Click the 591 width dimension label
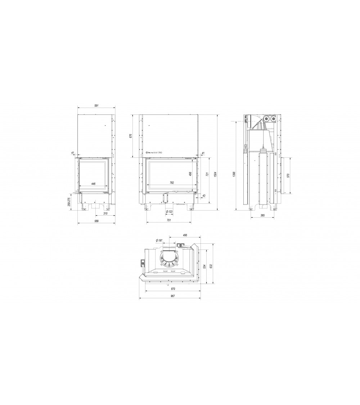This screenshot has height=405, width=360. click(96, 105)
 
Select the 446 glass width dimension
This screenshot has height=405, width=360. click(93, 184)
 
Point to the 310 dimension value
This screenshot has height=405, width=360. click(105, 213)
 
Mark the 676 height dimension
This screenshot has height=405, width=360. click(131, 136)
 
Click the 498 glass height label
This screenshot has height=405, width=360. click(190, 174)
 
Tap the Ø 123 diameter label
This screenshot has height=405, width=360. click(169, 211)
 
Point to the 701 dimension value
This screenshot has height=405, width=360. click(168, 220)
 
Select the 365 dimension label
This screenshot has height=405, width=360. click(262, 215)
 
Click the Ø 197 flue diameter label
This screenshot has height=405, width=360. click(159, 240)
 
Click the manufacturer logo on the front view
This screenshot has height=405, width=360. click(154, 153)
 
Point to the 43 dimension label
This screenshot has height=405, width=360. click(204, 195)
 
